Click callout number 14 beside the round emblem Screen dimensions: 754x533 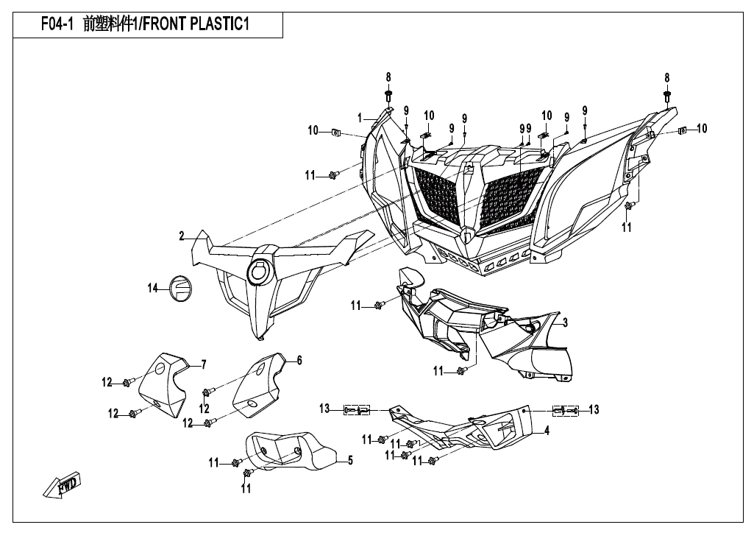[x=153, y=289]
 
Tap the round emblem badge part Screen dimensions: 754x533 [x=179, y=286]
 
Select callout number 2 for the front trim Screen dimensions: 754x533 [x=181, y=236]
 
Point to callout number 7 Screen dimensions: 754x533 [x=204, y=364]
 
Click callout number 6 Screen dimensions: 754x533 [x=299, y=360]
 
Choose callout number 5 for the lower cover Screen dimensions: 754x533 [x=350, y=461]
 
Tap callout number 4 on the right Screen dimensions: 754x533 [x=547, y=431]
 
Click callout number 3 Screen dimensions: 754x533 [x=564, y=322]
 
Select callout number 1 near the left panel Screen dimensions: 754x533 [x=360, y=118]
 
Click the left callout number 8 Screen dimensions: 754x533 [x=388, y=77]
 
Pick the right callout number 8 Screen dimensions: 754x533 [x=667, y=77]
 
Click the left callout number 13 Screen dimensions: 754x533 [x=324, y=409]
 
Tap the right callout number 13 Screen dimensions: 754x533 [x=594, y=409]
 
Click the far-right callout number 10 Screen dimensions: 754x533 [x=702, y=128]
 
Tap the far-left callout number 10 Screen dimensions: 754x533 [x=313, y=131]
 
